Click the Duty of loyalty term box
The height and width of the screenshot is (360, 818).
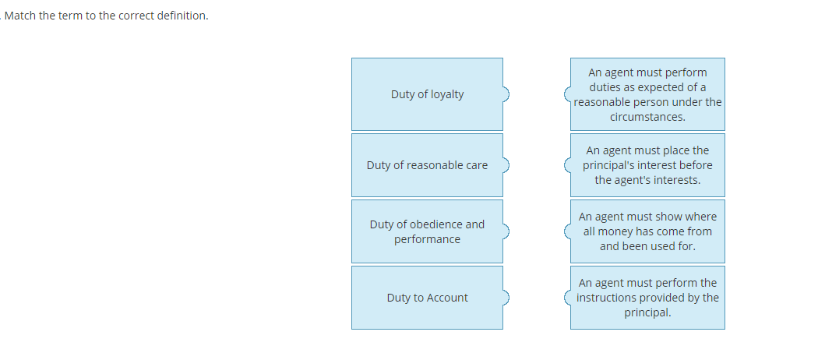click(427, 94)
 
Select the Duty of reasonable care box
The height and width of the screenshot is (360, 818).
click(427, 165)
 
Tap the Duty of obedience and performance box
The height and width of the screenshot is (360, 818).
click(427, 231)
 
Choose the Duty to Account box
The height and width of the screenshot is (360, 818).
click(427, 298)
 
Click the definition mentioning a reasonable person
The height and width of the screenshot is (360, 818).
click(647, 94)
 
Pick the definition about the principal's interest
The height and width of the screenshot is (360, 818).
click(647, 165)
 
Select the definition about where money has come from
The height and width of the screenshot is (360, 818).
click(647, 231)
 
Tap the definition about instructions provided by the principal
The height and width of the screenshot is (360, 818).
click(647, 298)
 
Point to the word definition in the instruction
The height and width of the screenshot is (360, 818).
click(182, 16)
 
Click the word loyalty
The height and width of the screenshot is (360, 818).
click(446, 94)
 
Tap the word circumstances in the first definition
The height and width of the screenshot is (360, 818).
click(647, 117)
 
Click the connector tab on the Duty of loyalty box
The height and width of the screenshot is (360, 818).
click(506, 94)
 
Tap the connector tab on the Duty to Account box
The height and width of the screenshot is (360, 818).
click(506, 298)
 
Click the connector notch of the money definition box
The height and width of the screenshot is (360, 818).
click(567, 231)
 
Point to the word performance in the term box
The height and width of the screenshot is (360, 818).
click(427, 239)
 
